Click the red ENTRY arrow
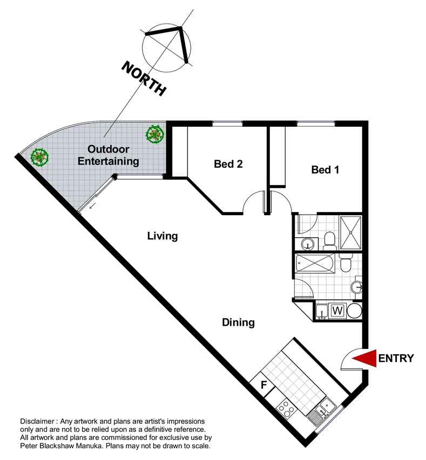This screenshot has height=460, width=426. tap(366, 358)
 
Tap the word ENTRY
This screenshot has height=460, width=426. tap(396, 358)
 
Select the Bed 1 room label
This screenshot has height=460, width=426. tap(325, 169)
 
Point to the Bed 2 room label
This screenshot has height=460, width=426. tap(228, 164)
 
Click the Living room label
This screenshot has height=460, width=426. tap(163, 236)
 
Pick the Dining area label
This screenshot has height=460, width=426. tap(238, 322)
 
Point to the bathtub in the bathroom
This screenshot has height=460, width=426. tap(315, 264)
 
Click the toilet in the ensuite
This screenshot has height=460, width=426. tap(330, 241)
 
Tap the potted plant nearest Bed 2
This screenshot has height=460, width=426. tap(154, 134)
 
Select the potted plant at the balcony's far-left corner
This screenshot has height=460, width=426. tap(39, 157)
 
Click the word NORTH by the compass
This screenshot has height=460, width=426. tap(144, 78)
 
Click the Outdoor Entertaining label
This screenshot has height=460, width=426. tap(108, 155)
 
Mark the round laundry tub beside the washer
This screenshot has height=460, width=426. tap(354, 311)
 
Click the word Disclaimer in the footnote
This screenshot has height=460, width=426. tap(37, 422)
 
